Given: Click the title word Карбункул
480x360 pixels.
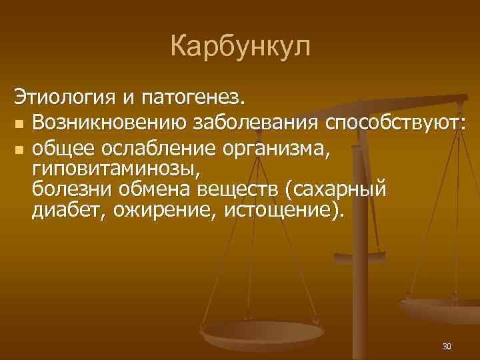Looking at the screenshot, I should coord(240,47).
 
